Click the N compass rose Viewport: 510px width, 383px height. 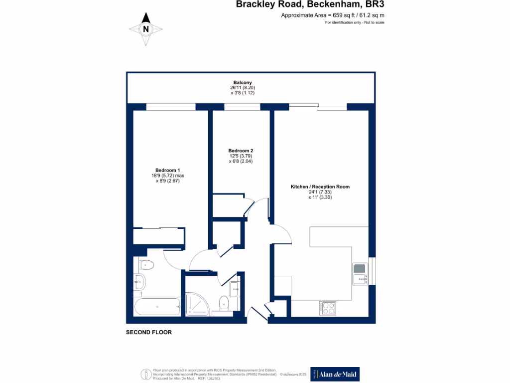pos(145,29)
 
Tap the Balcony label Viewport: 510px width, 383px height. pos(243,82)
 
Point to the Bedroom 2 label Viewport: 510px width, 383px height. pos(241,151)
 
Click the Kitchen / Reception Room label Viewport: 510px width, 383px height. pos(320,187)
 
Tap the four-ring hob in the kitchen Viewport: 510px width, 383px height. pos(328,308)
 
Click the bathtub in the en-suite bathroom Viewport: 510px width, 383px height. pos(157,307)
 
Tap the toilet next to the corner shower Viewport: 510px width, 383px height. pos(224,302)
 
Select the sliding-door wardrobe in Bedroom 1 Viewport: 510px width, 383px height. pos(159,235)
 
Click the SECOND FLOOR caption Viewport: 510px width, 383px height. pos(149,332)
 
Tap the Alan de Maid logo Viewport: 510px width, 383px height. pos(335,374)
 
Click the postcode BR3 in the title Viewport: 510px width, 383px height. pos(375,5)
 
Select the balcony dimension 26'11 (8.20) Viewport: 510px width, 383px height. pos(243,88)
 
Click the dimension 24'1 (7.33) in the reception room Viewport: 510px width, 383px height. pos(320,192)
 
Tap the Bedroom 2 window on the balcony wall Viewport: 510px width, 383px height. pos(242,107)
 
